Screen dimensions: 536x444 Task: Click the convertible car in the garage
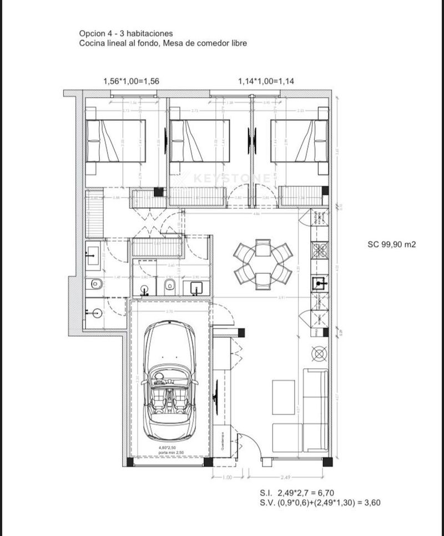169,383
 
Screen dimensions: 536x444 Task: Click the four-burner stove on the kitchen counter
320,251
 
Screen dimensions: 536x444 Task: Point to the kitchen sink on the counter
319,284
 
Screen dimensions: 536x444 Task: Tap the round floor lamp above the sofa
320,353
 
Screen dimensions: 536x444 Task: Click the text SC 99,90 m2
391,243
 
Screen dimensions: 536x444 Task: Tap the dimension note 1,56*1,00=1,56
131,81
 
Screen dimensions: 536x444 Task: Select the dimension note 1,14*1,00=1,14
266,81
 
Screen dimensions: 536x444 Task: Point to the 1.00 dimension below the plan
226,477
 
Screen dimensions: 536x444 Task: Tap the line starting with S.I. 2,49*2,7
296,493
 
